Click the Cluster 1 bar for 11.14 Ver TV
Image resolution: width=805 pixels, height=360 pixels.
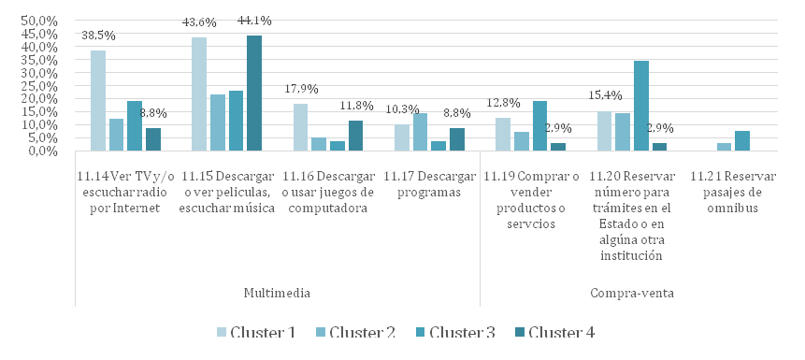point(98,101)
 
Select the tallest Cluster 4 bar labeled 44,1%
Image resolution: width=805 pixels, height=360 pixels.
point(254,93)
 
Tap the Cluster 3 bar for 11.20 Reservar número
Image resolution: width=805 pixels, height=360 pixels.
point(641,106)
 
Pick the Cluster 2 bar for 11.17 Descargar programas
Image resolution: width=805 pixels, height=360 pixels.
point(420,132)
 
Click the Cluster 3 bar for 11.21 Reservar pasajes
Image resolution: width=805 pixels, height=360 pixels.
point(741,140)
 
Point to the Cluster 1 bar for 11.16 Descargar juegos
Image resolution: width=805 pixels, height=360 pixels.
point(300,127)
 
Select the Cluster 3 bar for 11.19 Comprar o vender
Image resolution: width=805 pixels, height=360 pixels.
point(540,126)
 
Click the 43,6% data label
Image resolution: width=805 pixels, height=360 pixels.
point(199,23)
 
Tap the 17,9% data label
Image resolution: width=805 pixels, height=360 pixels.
point(301,89)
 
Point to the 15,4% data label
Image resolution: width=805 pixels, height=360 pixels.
point(605,95)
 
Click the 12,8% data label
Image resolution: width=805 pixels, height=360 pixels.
point(503,103)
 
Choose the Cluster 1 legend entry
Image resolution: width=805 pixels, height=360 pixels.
point(256,333)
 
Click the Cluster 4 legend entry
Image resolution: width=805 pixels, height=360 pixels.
point(554,333)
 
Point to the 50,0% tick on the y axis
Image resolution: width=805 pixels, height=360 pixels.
point(38,21)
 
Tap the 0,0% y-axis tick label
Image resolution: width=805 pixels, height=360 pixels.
point(41,151)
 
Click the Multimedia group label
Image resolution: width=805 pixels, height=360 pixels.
point(277,294)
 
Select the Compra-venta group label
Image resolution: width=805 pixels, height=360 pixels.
point(631,294)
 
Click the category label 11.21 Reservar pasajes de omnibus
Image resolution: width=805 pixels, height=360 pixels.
point(733,193)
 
